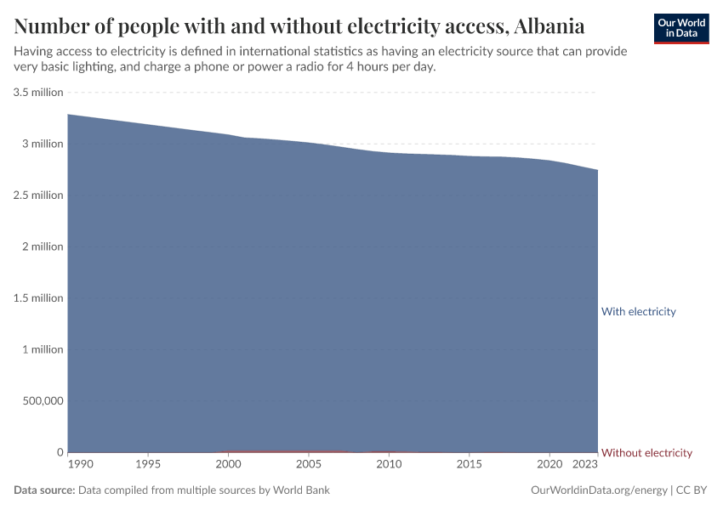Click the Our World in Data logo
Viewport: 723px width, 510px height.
[681, 28]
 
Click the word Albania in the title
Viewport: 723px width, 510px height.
[549, 24]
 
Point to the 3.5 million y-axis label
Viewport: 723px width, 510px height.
[38, 92]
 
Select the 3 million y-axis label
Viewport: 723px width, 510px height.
[43, 144]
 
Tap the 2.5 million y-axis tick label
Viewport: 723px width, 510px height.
[38, 195]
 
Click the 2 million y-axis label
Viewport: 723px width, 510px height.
[43, 246]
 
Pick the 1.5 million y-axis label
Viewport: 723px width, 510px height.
[38, 297]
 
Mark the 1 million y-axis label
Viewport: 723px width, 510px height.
[43, 349]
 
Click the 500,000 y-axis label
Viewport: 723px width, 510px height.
[41, 400]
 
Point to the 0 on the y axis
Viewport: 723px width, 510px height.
[60, 452]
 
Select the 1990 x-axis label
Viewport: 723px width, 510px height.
[82, 465]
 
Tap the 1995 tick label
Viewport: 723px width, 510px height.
[148, 465]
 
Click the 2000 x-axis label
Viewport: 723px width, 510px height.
[228, 465]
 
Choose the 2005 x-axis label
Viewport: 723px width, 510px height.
[308, 465]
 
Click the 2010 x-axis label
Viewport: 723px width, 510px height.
[389, 465]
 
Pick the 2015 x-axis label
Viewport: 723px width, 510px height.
[469, 465]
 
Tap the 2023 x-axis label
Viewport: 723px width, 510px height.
[585, 465]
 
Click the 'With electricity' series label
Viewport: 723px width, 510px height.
[638, 311]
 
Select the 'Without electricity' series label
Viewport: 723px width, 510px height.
[646, 452]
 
